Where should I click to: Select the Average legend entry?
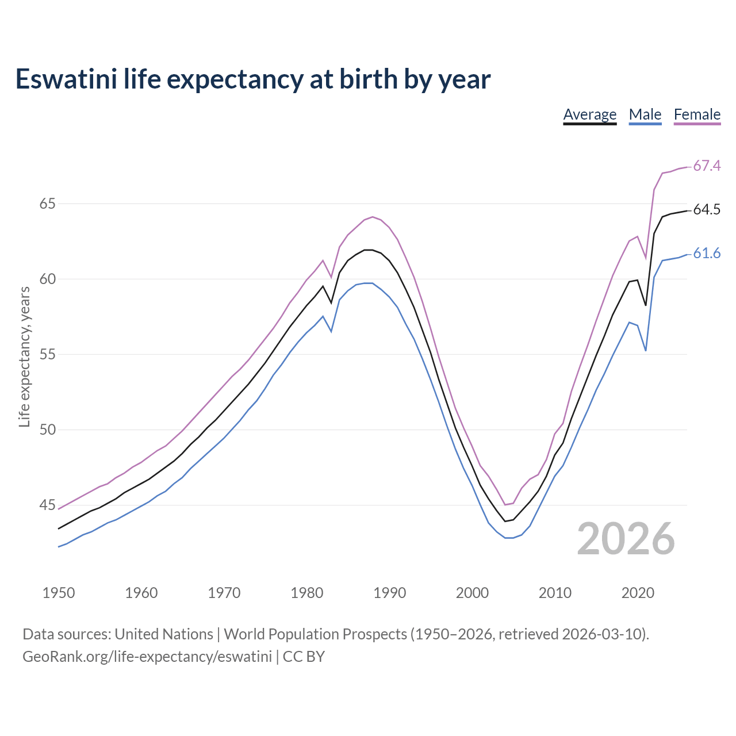pos(589,114)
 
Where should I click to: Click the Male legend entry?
pos(645,114)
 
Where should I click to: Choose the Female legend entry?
pos(697,114)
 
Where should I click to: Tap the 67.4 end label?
pos(707,166)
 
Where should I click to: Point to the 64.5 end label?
pos(707,210)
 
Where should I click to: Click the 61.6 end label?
pos(707,254)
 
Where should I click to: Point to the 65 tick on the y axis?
pos(47,204)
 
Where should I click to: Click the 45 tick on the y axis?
pos(47,505)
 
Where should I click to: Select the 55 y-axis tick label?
pos(47,355)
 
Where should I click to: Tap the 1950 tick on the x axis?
pos(59,593)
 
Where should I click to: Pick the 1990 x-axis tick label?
pos(389,593)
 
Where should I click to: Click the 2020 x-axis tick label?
pos(638,593)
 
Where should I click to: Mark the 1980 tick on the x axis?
pos(306,593)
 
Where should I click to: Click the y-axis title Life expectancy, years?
pos(25,356)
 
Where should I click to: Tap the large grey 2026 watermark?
pos(626,539)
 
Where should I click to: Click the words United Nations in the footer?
pos(164,634)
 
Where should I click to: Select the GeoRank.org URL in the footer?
pos(147,657)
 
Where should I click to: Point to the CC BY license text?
pos(304,657)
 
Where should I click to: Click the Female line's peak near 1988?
pos(373,217)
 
